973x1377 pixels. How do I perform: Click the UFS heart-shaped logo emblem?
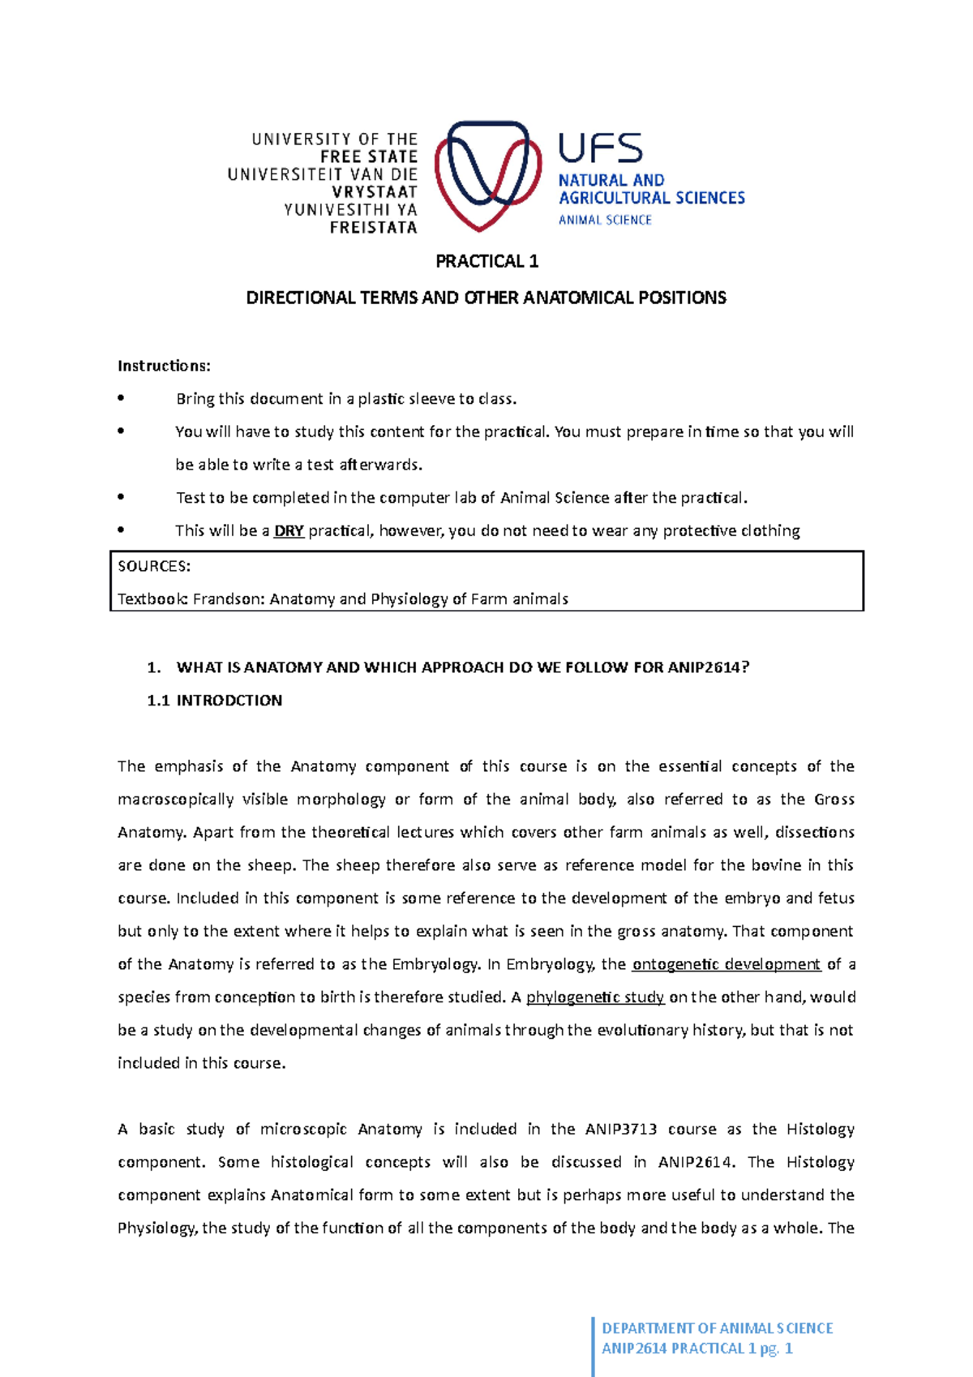tap(487, 174)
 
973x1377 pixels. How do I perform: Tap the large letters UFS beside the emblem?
tap(600, 149)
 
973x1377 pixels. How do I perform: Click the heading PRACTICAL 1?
tap(486, 261)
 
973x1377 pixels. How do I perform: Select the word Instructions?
tap(164, 366)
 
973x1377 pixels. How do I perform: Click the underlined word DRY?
tap(289, 531)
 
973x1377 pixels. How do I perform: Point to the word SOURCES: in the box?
tap(154, 566)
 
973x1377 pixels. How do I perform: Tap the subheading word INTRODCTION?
tap(229, 701)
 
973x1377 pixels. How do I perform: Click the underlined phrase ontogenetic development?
tap(726, 964)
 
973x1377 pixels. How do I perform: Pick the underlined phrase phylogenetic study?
tap(595, 997)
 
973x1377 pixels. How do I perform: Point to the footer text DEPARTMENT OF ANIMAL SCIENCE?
tap(717, 1328)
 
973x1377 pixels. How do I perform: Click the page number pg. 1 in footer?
tap(776, 1349)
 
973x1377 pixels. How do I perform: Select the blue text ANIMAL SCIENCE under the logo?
tap(605, 220)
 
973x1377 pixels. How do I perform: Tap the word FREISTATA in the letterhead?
tap(373, 228)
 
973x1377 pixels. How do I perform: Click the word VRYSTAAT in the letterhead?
tap(374, 192)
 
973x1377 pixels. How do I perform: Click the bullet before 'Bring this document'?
tap(121, 398)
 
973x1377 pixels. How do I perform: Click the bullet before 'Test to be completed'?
tap(121, 497)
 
